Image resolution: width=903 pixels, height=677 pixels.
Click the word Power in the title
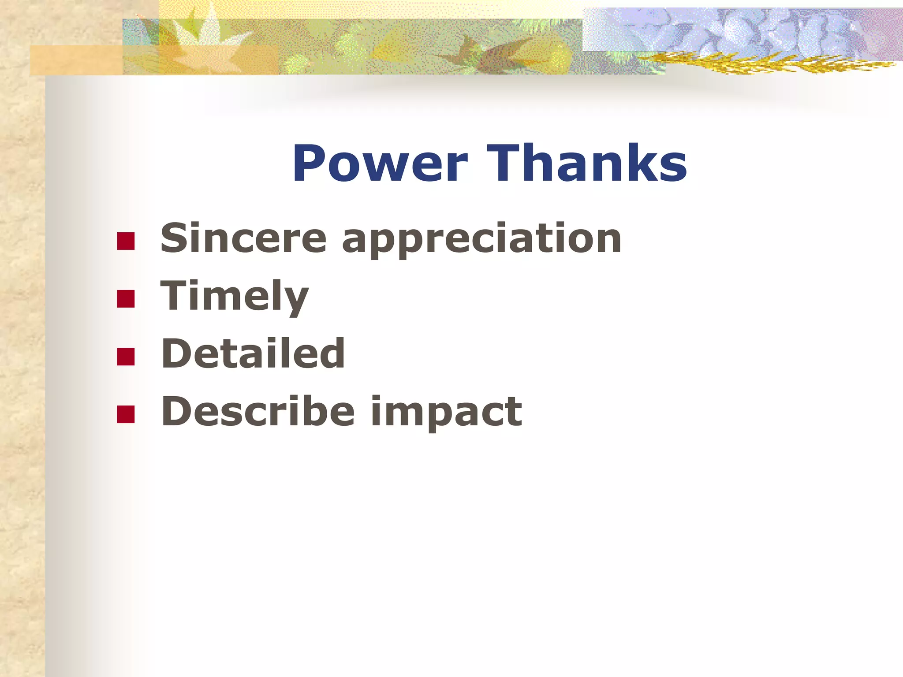[x=380, y=164]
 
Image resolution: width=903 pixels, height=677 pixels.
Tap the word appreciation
[x=481, y=240]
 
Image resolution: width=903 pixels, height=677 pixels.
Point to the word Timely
[x=234, y=297]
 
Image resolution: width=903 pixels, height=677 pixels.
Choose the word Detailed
[x=253, y=353]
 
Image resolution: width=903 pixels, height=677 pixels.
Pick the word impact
[x=446, y=413]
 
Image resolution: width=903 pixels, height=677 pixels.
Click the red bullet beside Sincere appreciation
[x=126, y=241]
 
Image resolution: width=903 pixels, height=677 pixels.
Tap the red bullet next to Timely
[x=126, y=298]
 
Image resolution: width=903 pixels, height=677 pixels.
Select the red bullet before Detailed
[x=126, y=357]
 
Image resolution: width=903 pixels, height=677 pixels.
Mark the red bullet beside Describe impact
[x=126, y=414]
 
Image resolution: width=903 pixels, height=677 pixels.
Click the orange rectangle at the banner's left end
[x=75, y=60]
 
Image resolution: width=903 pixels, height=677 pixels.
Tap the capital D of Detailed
[x=176, y=353]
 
